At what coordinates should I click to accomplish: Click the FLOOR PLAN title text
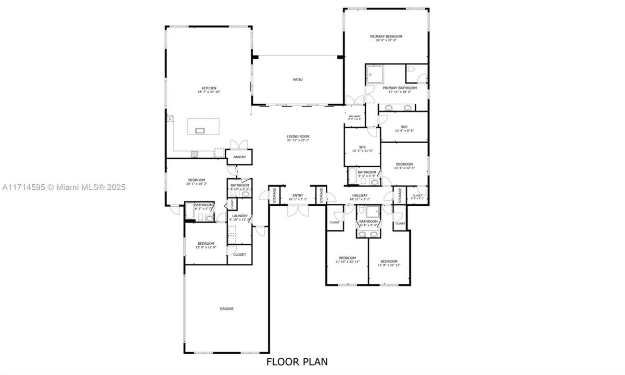[297, 361]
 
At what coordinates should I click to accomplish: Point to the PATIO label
[298, 80]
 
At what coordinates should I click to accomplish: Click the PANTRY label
[239, 157]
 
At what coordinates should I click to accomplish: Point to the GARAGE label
[226, 308]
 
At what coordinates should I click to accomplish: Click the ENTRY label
[298, 196]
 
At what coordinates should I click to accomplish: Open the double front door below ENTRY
[298, 210]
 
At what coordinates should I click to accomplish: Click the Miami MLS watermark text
[62, 187]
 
